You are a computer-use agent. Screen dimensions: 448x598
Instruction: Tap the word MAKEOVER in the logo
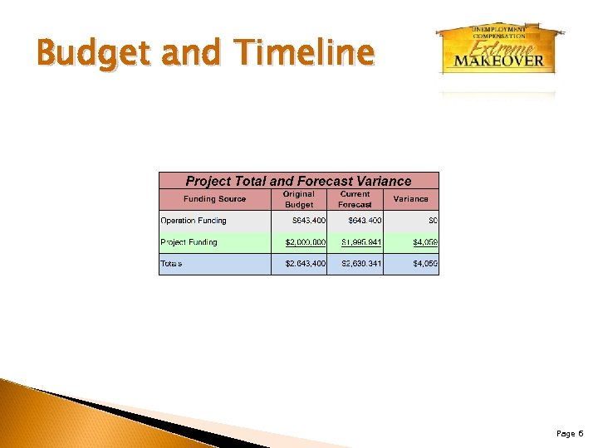[498, 60]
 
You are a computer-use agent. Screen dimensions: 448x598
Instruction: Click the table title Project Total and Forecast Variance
[298, 181]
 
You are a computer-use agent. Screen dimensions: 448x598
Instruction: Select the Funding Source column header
[214, 199]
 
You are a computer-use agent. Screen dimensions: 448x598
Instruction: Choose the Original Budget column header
[299, 199]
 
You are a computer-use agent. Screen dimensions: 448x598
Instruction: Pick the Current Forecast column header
[355, 199]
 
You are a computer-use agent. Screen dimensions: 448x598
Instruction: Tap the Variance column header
[410, 199]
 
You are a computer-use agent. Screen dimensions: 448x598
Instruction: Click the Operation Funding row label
[194, 221]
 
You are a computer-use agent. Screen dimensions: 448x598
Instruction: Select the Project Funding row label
[189, 242]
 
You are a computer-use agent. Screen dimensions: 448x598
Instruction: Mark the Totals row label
[171, 264]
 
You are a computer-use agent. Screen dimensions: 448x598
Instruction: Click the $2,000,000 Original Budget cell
[305, 242]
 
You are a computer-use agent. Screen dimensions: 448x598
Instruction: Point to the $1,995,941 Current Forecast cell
[361, 242]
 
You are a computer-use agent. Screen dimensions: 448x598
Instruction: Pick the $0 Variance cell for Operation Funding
[432, 221]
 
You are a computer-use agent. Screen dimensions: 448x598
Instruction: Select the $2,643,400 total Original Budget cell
[305, 264]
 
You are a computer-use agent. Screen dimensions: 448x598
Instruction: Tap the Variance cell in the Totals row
[425, 264]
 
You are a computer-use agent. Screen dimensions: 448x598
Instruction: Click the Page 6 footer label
[570, 434]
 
